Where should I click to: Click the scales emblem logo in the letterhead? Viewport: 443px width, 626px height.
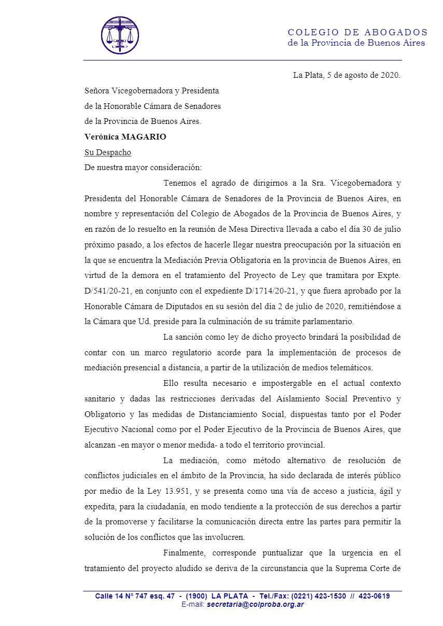[120, 35]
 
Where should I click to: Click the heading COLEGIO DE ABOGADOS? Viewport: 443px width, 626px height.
[357, 32]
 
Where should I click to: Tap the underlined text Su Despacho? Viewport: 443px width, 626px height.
[108, 152]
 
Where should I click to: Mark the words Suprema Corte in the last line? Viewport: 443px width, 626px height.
[366, 568]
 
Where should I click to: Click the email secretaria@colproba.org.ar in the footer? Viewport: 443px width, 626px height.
[255, 604]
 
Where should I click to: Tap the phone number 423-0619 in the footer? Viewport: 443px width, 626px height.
[372, 596]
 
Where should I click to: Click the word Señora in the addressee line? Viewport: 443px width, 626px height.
[97, 91]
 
